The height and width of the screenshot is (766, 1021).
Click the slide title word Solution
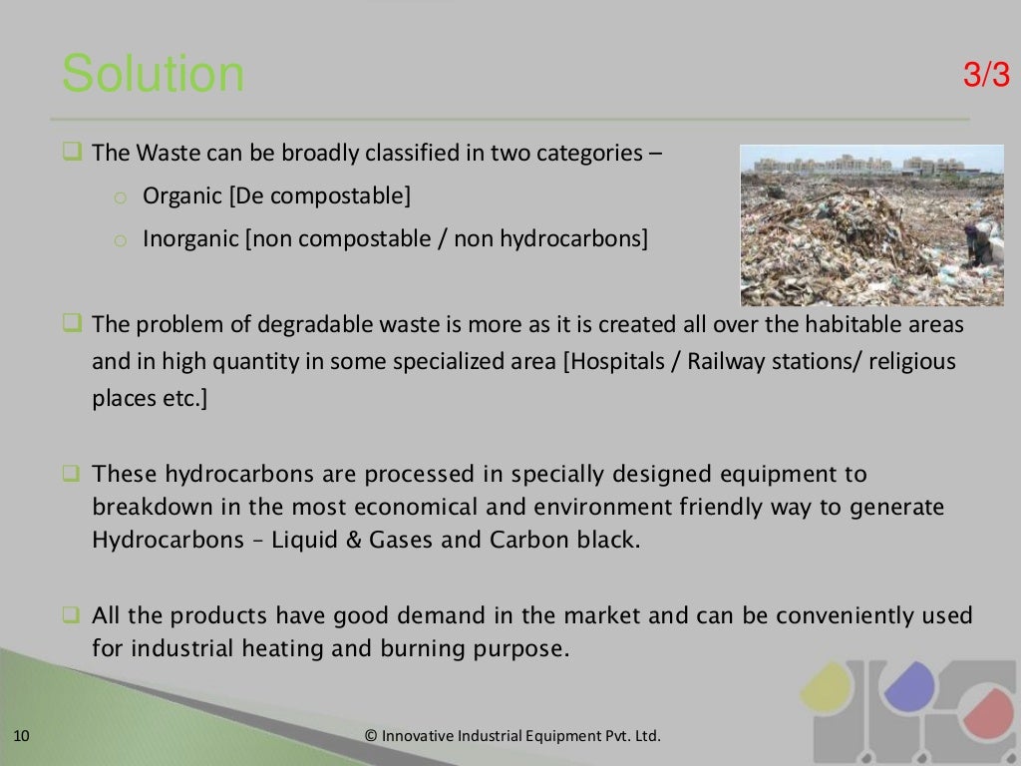coord(153,76)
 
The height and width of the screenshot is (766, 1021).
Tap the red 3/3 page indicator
coord(986,76)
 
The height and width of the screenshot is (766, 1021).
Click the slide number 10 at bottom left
coord(22,737)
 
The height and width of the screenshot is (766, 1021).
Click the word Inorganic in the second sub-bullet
coord(188,239)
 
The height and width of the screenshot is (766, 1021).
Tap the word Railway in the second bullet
coord(723,361)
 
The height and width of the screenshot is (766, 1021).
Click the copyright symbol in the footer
coord(371,737)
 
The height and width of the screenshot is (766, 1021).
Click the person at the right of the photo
coord(981,243)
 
